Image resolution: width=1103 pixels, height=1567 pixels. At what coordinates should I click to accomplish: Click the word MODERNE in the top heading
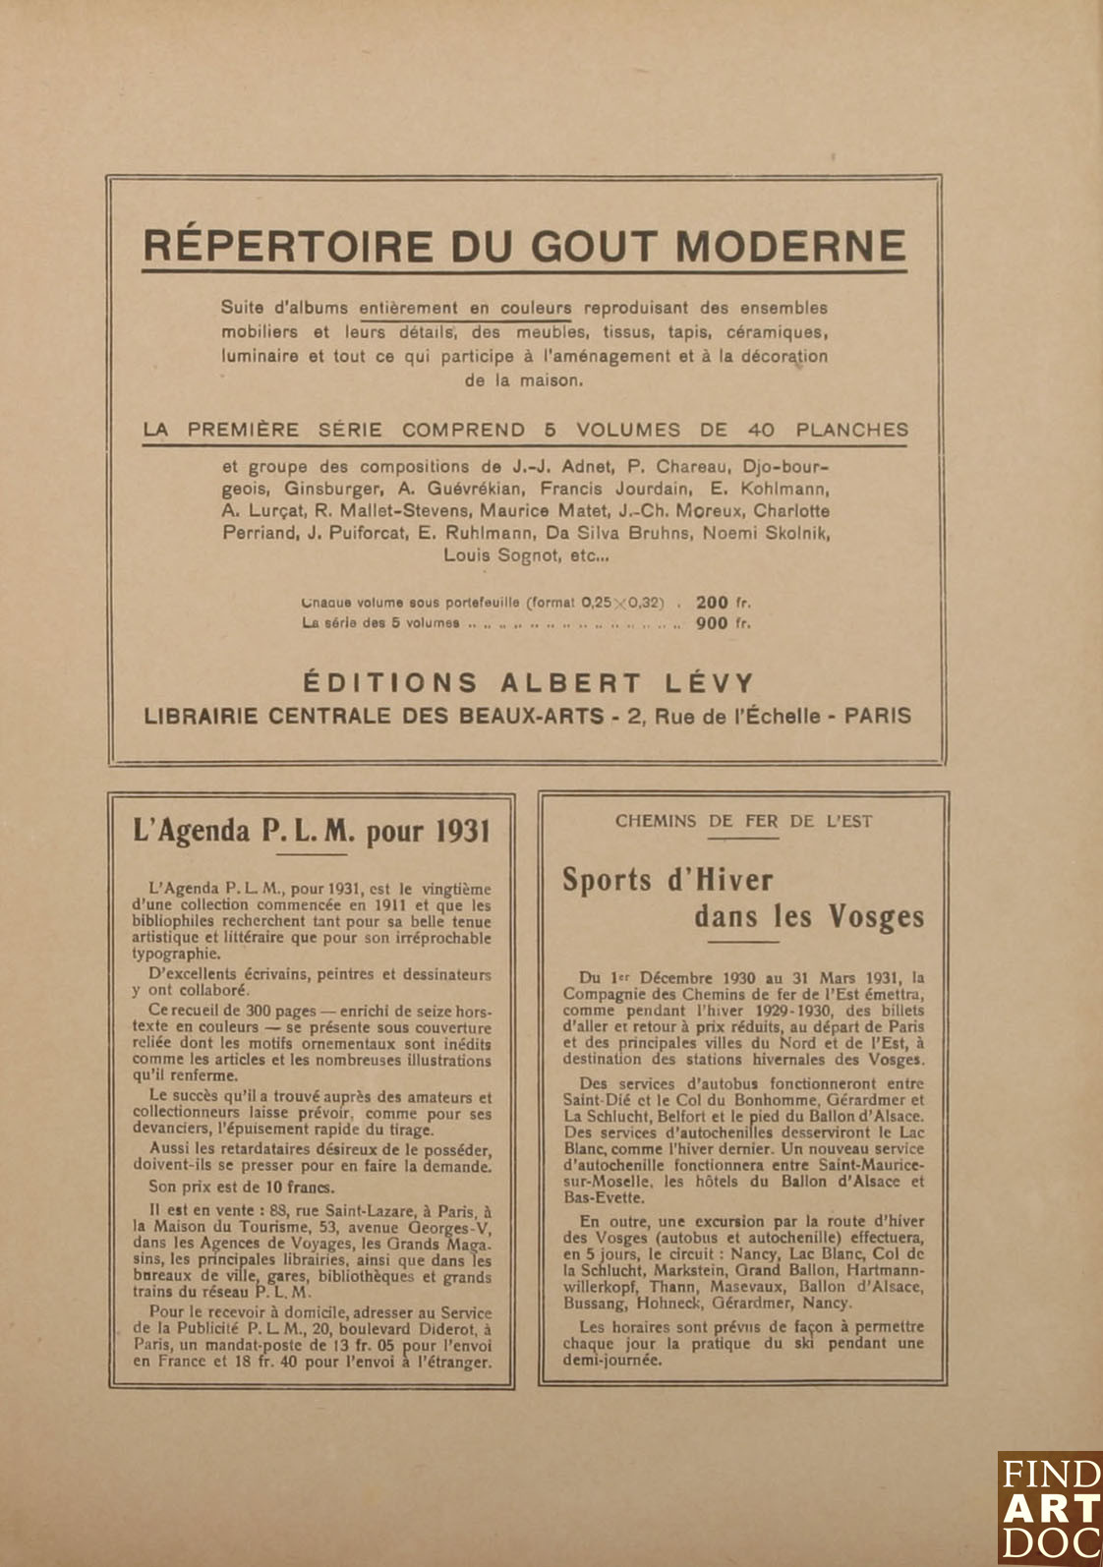(x=790, y=246)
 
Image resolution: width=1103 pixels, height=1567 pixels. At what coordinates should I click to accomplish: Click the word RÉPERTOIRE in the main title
(x=288, y=246)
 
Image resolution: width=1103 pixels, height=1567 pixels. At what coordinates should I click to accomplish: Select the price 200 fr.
(x=723, y=603)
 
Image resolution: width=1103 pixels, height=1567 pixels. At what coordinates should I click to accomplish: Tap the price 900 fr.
(x=723, y=622)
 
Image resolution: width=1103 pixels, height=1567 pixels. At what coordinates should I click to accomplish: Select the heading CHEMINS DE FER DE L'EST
(x=743, y=821)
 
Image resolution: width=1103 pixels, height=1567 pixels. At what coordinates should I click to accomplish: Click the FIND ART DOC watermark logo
(x=1049, y=1508)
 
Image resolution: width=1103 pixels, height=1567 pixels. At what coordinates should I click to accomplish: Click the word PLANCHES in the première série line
(x=851, y=430)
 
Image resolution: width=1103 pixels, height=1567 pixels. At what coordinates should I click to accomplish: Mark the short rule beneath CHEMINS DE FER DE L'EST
(x=743, y=839)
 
